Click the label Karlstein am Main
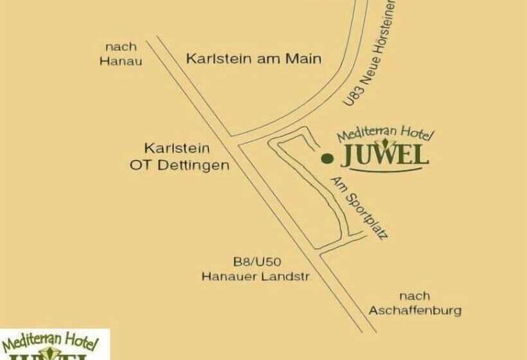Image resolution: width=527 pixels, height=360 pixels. tap(253, 59)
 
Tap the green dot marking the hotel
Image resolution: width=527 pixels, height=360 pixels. tap(326, 157)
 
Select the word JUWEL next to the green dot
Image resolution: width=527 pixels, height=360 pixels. tap(384, 156)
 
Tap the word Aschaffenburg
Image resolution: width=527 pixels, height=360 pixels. tap(415, 310)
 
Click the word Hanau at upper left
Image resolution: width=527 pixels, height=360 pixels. tap(121, 62)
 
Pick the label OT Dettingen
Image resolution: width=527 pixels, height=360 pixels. tap(179, 165)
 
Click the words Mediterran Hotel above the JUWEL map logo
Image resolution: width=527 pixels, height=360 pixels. tap(386, 134)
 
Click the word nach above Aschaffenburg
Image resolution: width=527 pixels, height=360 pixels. tap(415, 296)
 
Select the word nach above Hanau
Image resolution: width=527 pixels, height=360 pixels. tap(121, 47)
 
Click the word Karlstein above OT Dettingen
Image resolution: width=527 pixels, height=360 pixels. tap(177, 148)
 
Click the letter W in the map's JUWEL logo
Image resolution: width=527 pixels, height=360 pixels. tap(384, 156)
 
